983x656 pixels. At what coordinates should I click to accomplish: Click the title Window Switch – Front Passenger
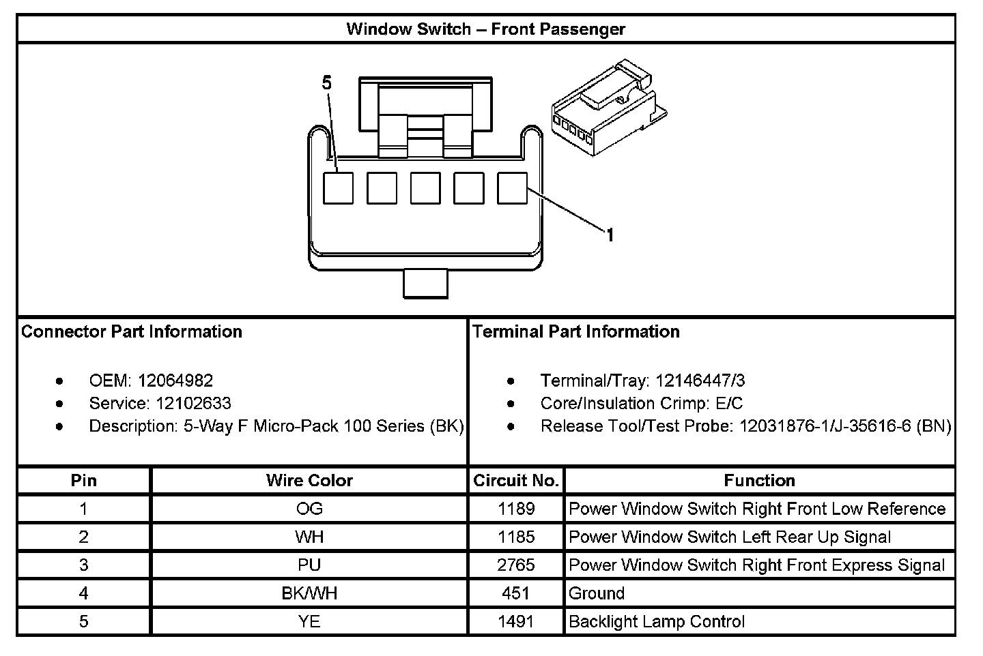pyautogui.click(x=486, y=29)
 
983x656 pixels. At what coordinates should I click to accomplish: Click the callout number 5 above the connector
pyautogui.click(x=326, y=83)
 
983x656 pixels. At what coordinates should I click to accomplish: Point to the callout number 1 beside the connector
pyautogui.click(x=610, y=235)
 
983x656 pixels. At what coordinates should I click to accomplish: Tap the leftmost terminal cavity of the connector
pyautogui.click(x=339, y=188)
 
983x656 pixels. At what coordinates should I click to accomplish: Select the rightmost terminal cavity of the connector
pyautogui.click(x=512, y=188)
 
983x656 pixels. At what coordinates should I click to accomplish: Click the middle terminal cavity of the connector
pyautogui.click(x=425, y=188)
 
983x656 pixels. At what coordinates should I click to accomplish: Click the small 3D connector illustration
pyautogui.click(x=609, y=108)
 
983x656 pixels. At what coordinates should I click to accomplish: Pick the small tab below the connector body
pyautogui.click(x=425, y=284)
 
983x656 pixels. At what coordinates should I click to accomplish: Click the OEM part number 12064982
pyautogui.click(x=175, y=381)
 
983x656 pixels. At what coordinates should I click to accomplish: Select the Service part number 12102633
pyautogui.click(x=194, y=404)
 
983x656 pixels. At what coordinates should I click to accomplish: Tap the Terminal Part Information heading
pyautogui.click(x=575, y=332)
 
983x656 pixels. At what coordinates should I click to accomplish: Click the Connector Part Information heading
pyautogui.click(x=132, y=332)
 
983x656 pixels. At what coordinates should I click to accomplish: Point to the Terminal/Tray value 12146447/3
pyautogui.click(x=700, y=381)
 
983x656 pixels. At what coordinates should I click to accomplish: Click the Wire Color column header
pyautogui.click(x=309, y=481)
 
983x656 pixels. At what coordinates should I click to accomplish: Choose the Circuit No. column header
pyautogui.click(x=516, y=481)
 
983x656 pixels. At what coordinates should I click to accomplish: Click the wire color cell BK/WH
pyautogui.click(x=309, y=593)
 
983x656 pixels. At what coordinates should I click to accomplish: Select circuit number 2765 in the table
pyautogui.click(x=516, y=565)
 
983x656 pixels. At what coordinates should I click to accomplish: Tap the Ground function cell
pyautogui.click(x=597, y=593)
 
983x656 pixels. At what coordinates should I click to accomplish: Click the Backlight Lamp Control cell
pyautogui.click(x=657, y=621)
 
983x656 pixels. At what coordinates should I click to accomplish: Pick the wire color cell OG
pyautogui.click(x=309, y=509)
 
